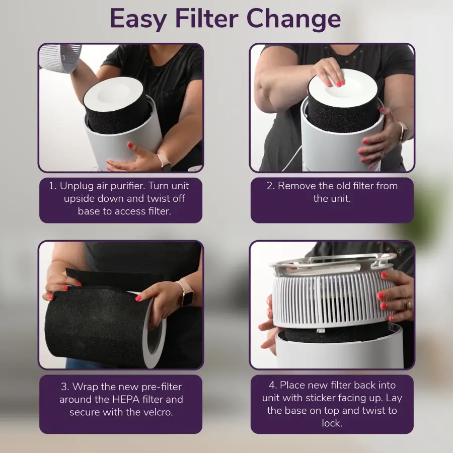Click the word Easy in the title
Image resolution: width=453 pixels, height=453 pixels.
pyautogui.click(x=138, y=19)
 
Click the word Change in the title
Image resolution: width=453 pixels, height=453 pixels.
pyautogui.click(x=294, y=19)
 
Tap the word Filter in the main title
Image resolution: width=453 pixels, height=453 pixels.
pyautogui.click(x=206, y=18)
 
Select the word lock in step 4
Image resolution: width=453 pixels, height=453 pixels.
pyautogui.click(x=332, y=423)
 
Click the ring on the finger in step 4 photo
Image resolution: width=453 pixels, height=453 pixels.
pyautogui.click(x=408, y=304)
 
